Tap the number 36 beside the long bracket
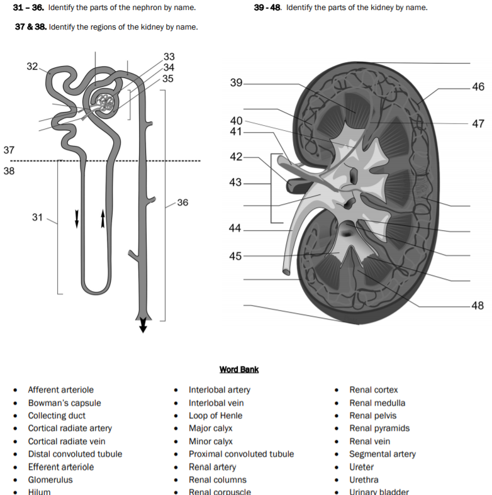(x=182, y=203)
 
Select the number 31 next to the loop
(x=38, y=217)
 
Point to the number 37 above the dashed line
(x=9, y=150)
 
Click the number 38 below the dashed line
(x=9, y=171)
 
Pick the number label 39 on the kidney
(x=236, y=82)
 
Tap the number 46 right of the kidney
(x=478, y=87)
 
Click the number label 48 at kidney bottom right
(x=478, y=306)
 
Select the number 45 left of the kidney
(x=235, y=256)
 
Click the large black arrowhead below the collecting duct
(x=143, y=325)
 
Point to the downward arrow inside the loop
(x=77, y=218)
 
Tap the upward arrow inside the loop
(x=103, y=218)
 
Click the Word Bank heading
(x=239, y=369)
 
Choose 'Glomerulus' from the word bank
(x=50, y=479)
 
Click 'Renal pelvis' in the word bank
(x=373, y=416)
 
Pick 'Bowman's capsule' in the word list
(x=64, y=403)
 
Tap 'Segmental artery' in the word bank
(x=382, y=453)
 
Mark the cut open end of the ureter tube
(x=286, y=272)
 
